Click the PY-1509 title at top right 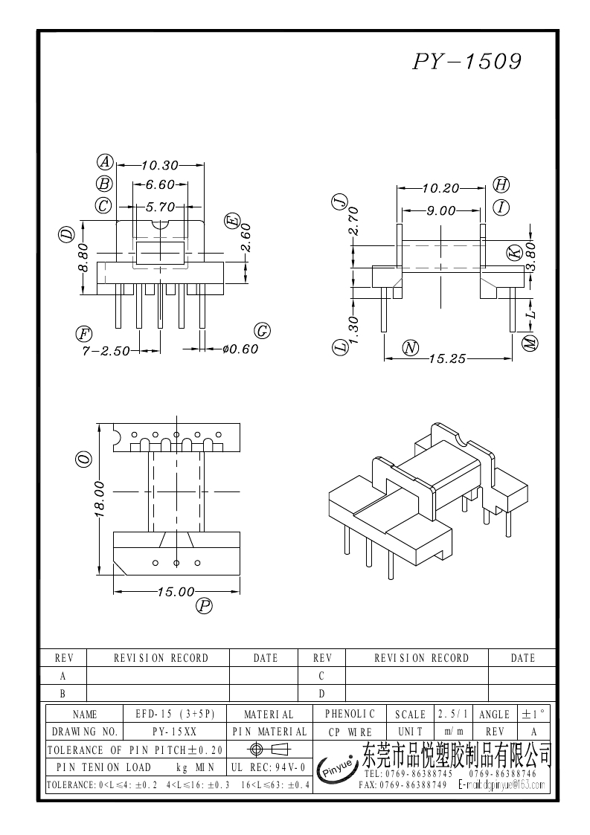click(466, 62)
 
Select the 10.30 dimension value click(160, 165)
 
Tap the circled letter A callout click(106, 162)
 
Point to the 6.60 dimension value click(159, 184)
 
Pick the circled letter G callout click(262, 331)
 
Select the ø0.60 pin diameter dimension click(240, 349)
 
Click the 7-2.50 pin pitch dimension click(106, 349)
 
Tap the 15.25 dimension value click(446, 358)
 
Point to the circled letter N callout click(410, 347)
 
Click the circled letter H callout click(501, 185)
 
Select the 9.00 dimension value click(440, 210)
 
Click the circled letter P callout click(204, 607)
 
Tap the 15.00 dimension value click(176, 592)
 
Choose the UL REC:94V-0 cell click(269, 767)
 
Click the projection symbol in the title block click(270, 749)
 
